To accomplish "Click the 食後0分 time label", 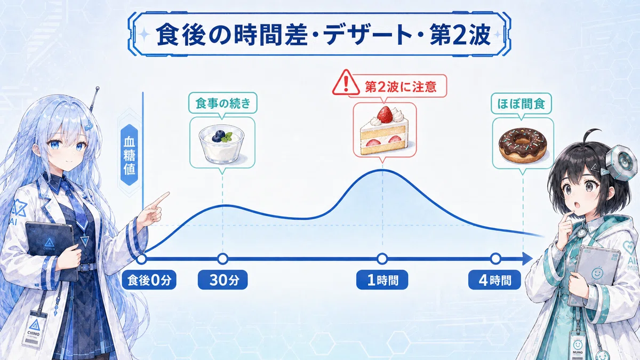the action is pos(149,280).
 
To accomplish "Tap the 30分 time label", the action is pos(223,280).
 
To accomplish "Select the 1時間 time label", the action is pos(382,280).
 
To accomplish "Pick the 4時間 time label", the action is pos(494,280).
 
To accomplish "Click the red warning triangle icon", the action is pos(346,83).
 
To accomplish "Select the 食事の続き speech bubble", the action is pos(223,103).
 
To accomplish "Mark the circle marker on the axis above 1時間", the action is pos(382,259).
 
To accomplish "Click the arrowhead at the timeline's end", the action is pos(526,259).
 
